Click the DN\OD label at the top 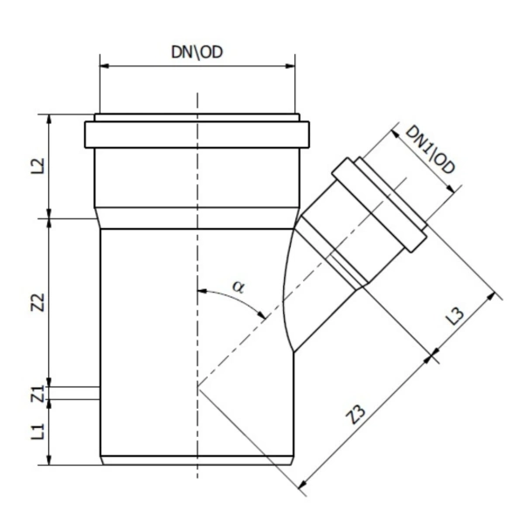tap(197, 52)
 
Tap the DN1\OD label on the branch tap(430, 149)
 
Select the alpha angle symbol tap(238, 284)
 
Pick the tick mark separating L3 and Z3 tap(434, 355)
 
